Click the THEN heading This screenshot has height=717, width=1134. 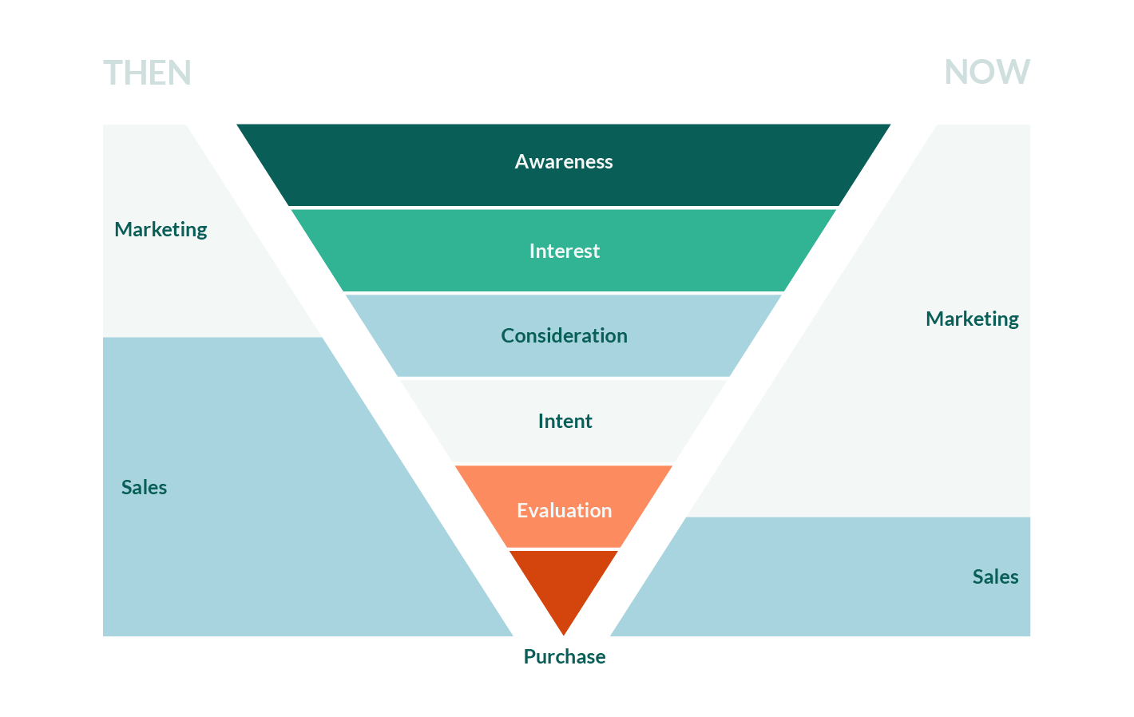tap(147, 73)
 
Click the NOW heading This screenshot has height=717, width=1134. tap(987, 72)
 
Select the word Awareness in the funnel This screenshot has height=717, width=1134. tap(564, 162)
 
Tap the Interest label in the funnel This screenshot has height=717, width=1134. tap(564, 252)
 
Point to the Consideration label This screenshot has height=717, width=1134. tap(564, 336)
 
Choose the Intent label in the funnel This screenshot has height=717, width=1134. tap(565, 422)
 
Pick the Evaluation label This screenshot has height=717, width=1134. tap(564, 511)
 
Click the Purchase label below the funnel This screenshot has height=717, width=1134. tap(564, 657)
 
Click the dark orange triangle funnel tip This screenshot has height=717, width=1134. tap(564, 587)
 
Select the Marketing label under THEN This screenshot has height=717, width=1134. tap(161, 230)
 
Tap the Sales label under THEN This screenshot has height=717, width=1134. tap(144, 488)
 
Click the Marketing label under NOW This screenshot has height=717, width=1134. tap(972, 319)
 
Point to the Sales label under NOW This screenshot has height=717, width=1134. tap(995, 577)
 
